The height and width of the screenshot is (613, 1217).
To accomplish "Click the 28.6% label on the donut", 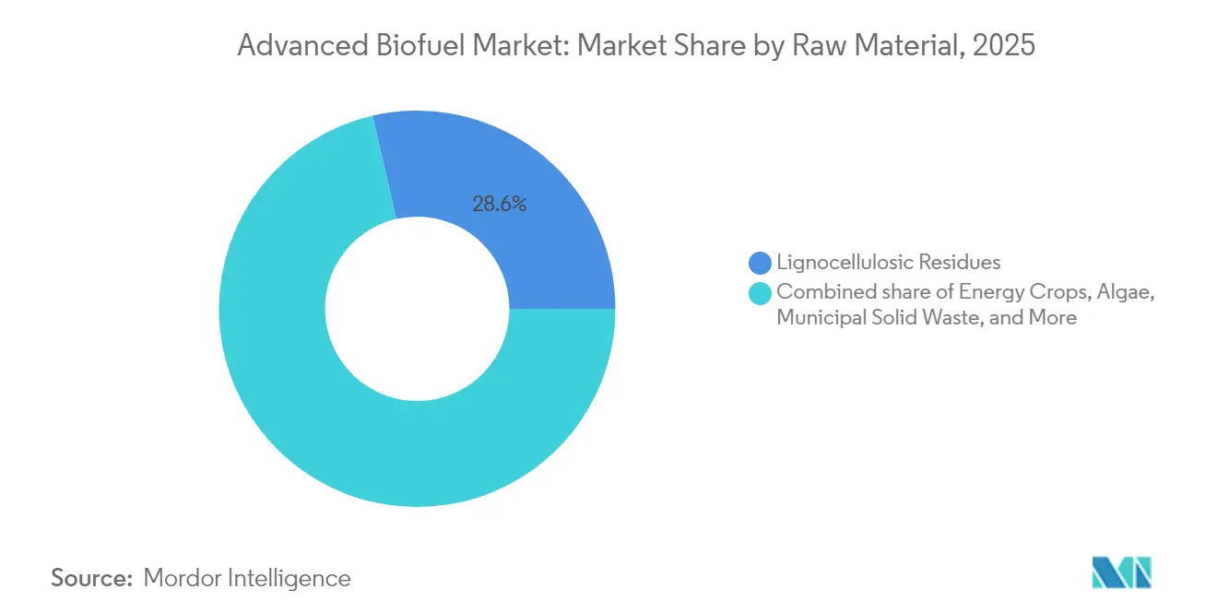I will point(500,205).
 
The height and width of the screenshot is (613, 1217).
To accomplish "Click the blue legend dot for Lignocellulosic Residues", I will point(761,263).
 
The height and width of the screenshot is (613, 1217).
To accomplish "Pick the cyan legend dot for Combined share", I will point(761,294).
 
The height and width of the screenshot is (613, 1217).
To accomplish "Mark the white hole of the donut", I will point(417,309).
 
